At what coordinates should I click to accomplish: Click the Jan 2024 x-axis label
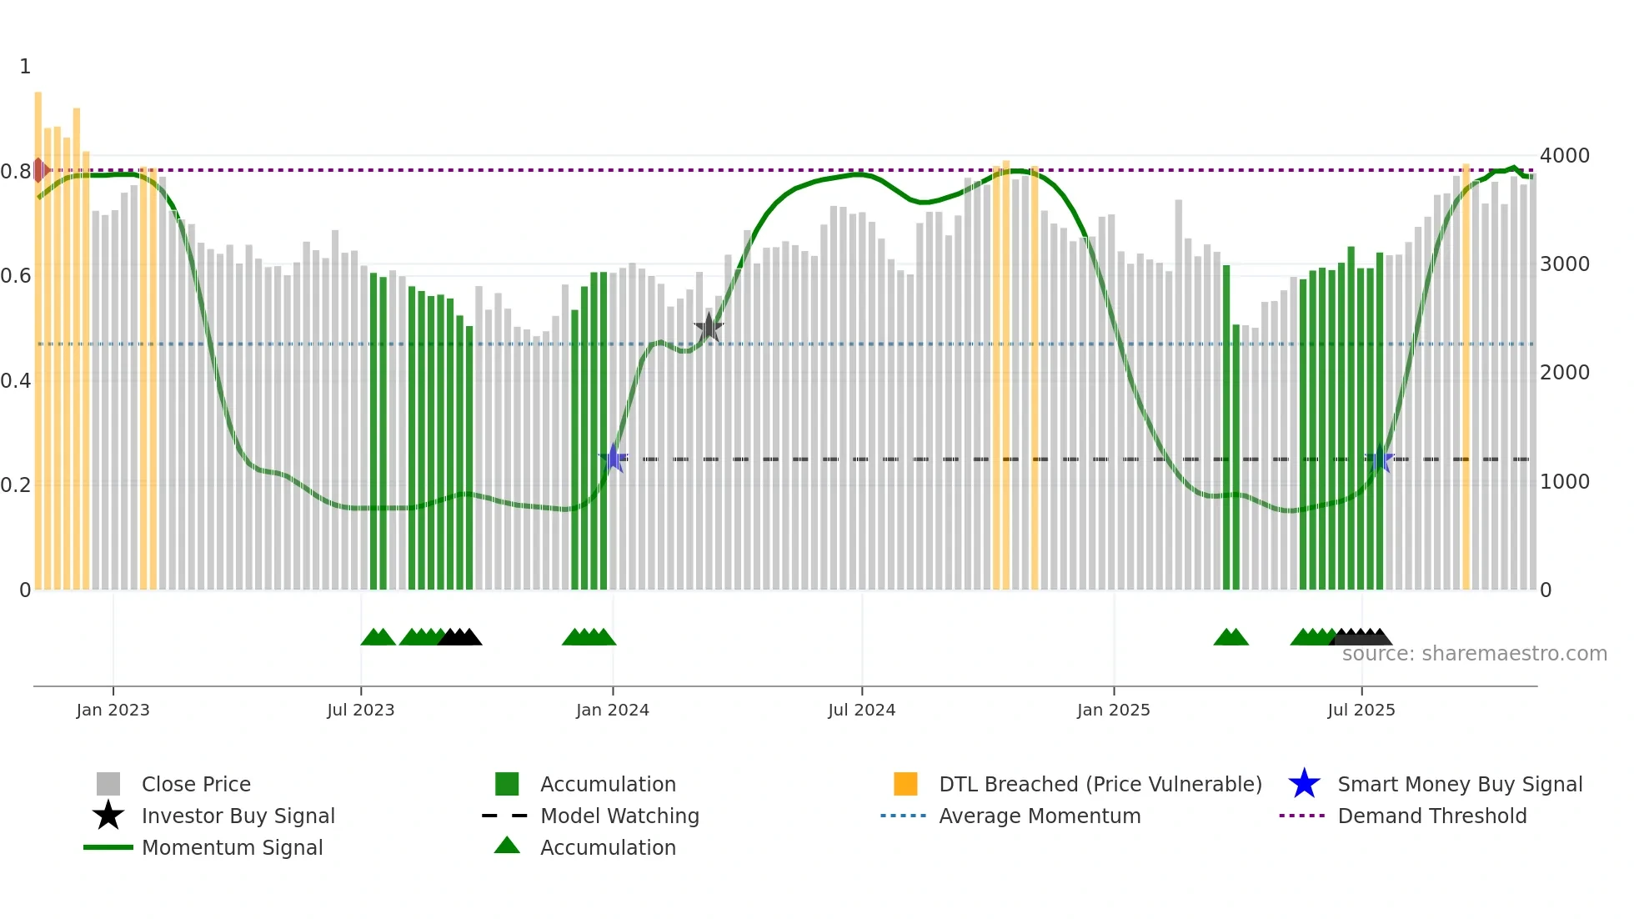(612, 710)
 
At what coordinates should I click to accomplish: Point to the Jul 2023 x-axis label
(360, 710)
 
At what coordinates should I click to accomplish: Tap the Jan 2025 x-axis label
(1113, 710)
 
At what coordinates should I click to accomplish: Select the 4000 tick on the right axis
(1564, 156)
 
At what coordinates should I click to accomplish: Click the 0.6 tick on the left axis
(17, 276)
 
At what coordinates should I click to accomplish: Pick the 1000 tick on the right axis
(1564, 482)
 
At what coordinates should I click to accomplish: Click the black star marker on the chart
(709, 328)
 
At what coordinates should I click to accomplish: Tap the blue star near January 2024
(614, 458)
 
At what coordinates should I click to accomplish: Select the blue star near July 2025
(1381, 459)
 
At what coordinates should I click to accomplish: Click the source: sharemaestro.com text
(1474, 654)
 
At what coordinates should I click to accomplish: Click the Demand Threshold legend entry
(1431, 816)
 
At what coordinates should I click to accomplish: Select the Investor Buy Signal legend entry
(238, 816)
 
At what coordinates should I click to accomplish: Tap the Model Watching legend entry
(619, 816)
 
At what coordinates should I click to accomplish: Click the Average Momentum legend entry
(1040, 816)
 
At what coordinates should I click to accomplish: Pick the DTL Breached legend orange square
(905, 784)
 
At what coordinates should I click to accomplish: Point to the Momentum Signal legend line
(108, 847)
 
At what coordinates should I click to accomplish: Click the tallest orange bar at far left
(38, 334)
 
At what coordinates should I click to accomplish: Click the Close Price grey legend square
(108, 784)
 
